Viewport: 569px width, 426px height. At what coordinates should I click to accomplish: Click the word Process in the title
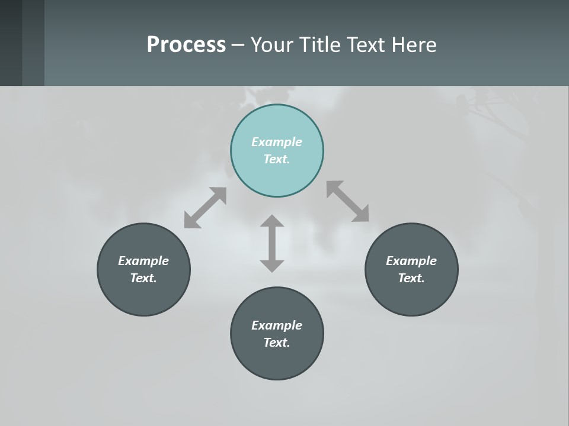[186, 45]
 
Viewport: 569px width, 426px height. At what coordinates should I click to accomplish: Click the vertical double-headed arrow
[272, 243]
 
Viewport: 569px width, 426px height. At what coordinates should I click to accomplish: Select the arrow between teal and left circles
[205, 208]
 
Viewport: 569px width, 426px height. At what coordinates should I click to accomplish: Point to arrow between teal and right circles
[347, 201]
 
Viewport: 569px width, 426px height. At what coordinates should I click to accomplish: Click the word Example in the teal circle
[277, 142]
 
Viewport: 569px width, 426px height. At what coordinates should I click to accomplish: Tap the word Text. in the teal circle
[277, 159]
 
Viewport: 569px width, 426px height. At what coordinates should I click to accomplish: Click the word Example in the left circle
[143, 261]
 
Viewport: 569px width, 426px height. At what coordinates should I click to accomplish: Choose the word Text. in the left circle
[143, 278]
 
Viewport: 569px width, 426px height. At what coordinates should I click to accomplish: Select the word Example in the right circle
[411, 261]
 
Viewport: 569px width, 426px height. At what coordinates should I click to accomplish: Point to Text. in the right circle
[411, 278]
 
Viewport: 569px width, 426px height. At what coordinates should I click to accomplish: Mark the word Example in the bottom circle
[277, 325]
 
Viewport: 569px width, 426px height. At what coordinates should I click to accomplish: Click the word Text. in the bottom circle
[277, 343]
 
